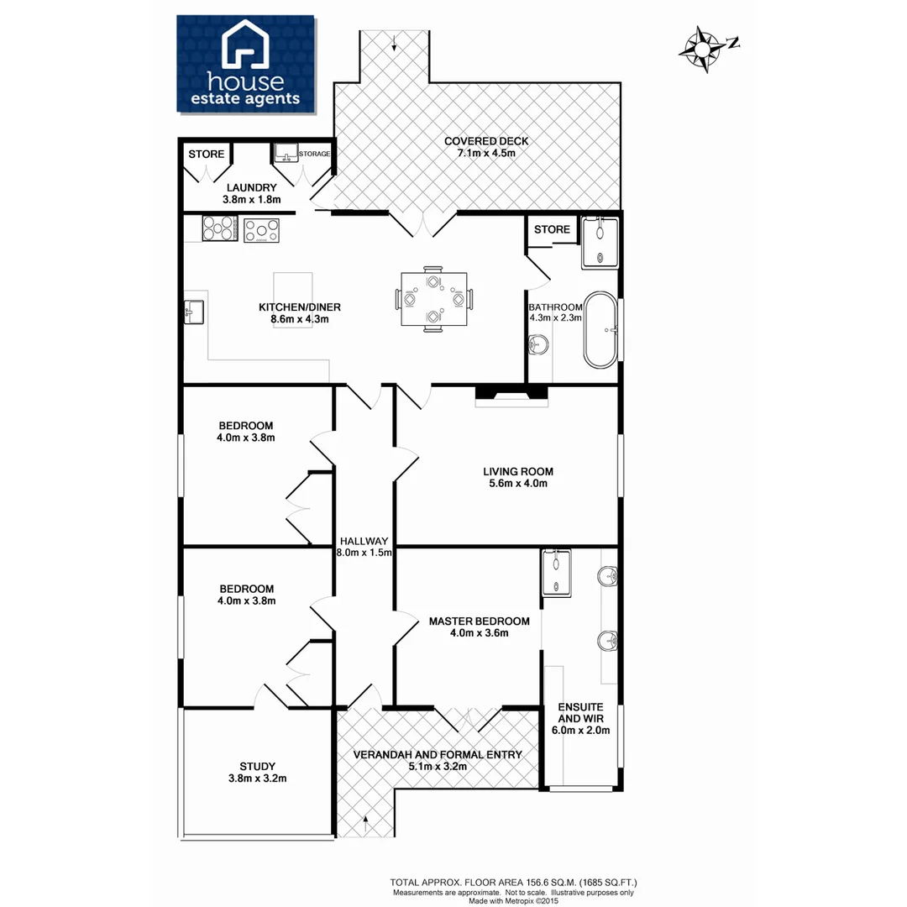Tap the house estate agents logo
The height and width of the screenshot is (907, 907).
click(x=245, y=64)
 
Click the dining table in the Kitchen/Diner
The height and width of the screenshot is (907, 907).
click(x=433, y=299)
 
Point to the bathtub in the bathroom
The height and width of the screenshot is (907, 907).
click(x=600, y=329)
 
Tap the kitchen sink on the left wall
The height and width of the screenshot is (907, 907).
click(x=191, y=312)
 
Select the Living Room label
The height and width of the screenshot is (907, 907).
click(x=518, y=471)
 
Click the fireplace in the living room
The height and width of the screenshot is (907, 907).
click(x=511, y=394)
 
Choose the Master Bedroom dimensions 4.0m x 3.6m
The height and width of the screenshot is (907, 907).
click(x=479, y=633)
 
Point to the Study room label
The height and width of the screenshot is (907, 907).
click(x=257, y=766)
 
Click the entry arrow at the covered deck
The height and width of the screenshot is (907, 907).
click(x=395, y=46)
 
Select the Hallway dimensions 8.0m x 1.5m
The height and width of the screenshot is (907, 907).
click(x=364, y=553)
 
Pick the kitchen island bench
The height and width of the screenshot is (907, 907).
click(x=293, y=299)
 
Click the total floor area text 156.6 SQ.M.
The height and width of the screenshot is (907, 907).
click(x=514, y=882)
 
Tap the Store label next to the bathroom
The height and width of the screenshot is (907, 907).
click(x=552, y=229)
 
